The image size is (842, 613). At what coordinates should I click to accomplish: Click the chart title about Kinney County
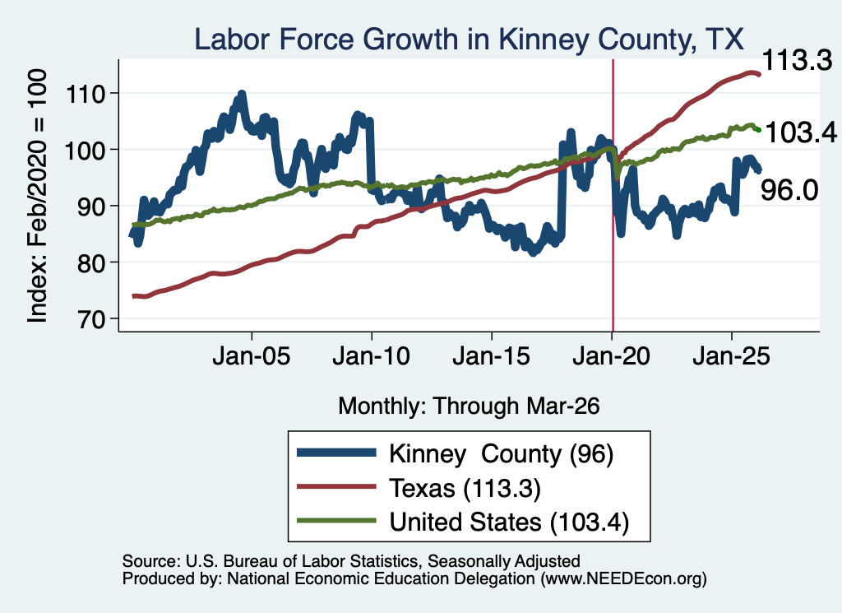click(x=469, y=39)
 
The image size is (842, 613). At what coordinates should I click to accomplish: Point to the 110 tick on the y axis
click(x=85, y=95)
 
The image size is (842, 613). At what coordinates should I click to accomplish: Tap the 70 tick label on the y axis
click(x=90, y=319)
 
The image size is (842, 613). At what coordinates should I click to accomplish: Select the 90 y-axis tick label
click(x=90, y=207)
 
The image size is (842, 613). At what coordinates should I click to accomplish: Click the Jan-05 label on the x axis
click(x=252, y=356)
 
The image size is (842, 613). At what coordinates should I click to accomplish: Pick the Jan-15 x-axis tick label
click(x=492, y=356)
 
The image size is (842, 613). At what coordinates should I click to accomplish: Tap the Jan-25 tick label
click(x=731, y=356)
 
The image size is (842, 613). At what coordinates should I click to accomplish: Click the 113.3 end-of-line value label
click(x=797, y=60)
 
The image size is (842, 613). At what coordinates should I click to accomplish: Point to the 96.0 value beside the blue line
click(x=789, y=190)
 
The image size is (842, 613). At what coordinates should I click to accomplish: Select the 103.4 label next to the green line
click(x=801, y=132)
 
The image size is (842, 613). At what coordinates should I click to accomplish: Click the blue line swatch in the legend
click(x=336, y=453)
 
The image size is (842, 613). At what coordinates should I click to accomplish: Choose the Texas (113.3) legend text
click(x=465, y=489)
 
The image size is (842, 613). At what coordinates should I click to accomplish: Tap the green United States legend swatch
click(x=336, y=521)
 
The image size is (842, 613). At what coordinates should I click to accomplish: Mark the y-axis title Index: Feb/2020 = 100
click(x=37, y=196)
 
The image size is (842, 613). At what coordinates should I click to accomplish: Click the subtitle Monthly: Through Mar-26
click(x=469, y=406)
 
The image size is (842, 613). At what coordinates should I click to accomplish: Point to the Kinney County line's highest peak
click(x=242, y=94)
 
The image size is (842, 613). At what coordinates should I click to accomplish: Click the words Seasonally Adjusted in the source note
click(x=504, y=561)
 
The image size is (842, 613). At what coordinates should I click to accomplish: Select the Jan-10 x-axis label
click(x=371, y=356)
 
